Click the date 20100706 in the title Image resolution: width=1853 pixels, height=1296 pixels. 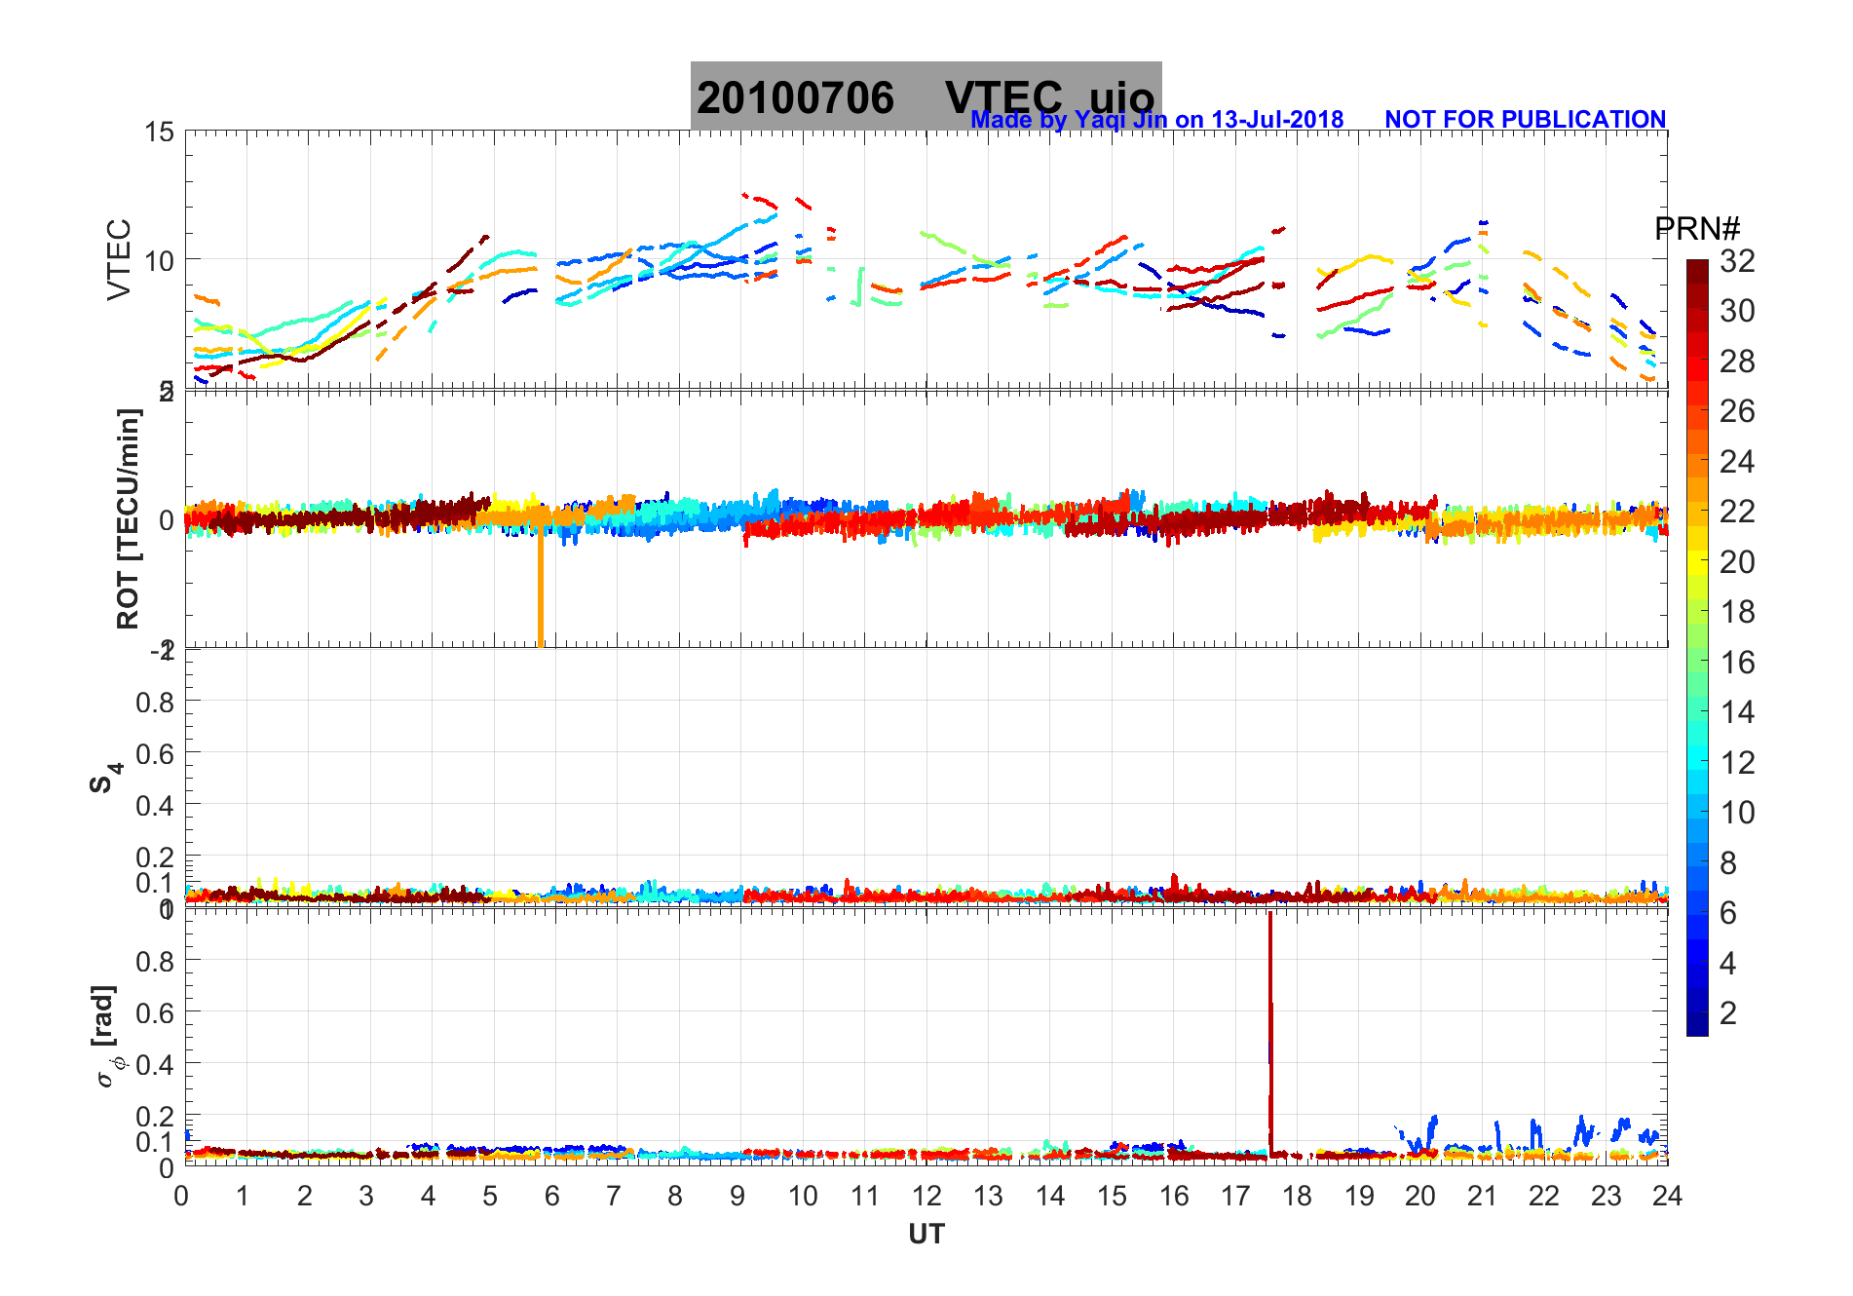795,98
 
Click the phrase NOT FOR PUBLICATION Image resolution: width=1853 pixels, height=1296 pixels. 1525,120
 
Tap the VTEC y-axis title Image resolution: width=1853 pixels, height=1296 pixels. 119,259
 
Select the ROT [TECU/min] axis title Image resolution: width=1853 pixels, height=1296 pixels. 128,518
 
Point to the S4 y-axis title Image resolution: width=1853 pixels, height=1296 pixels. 105,778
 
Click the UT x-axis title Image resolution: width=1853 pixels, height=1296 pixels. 926,1235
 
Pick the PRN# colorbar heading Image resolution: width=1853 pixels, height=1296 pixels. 1696,229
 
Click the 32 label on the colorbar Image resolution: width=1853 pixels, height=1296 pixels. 1737,261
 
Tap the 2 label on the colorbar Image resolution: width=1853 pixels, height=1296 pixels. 1728,1013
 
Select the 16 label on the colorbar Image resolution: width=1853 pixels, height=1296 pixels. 1737,663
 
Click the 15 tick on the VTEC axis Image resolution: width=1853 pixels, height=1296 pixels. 160,133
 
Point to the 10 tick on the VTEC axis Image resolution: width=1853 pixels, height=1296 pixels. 160,260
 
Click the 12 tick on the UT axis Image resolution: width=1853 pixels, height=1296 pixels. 926,1197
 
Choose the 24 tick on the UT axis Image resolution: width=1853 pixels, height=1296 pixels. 1667,1197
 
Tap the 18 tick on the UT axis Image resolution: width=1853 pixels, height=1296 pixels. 1297,1197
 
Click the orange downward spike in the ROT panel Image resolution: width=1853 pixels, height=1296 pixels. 541,594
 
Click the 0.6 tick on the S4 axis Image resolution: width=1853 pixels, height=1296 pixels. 155,753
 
